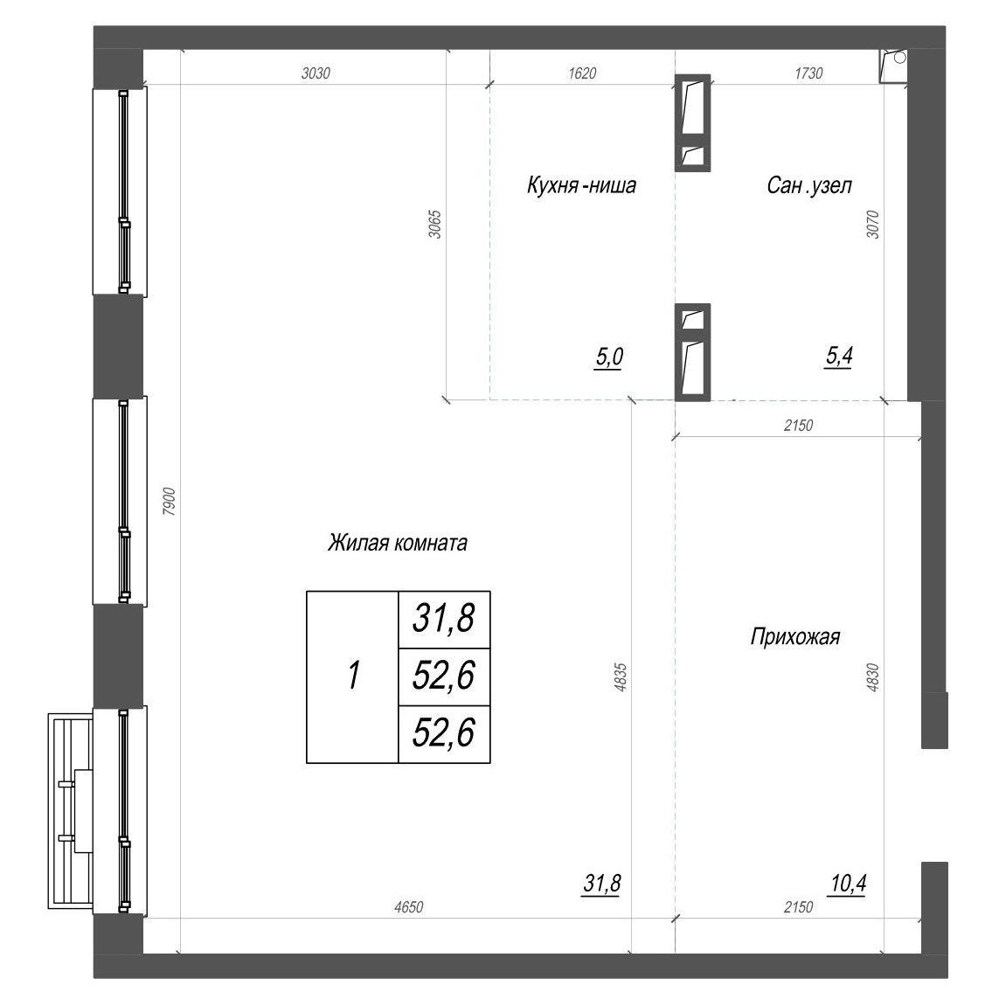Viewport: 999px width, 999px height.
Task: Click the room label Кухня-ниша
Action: point(581,185)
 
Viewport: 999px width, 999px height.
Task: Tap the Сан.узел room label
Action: point(809,185)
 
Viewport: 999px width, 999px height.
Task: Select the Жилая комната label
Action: point(398,543)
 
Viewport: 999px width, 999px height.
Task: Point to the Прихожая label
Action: point(795,636)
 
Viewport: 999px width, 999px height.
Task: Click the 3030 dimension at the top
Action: point(316,73)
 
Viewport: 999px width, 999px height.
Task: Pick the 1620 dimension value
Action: point(582,73)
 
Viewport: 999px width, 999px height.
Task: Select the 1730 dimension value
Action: point(808,73)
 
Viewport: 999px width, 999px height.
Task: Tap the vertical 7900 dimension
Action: point(169,502)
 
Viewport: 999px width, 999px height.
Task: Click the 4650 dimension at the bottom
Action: point(408,906)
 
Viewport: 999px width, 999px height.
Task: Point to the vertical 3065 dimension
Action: point(435,225)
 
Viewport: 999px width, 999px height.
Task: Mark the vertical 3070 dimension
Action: point(873,225)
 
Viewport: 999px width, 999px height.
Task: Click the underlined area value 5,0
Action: point(609,358)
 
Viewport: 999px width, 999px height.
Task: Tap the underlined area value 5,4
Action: point(839,357)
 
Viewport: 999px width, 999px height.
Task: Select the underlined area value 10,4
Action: point(849,885)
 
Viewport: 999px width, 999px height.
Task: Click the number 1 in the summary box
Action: point(354,676)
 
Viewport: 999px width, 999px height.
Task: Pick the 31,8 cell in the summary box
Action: point(443,619)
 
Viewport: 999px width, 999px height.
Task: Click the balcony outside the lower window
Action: point(71,810)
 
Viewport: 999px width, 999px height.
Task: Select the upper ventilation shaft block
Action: point(692,122)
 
